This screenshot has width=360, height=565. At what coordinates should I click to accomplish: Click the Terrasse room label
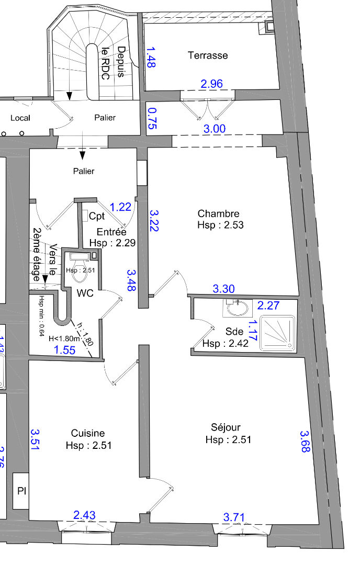pos(208,55)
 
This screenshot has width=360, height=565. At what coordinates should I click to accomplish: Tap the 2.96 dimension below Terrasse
pos(211,84)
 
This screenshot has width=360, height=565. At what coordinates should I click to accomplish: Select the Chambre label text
pos(218,213)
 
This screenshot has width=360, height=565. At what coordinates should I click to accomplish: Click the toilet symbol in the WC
pos(80,267)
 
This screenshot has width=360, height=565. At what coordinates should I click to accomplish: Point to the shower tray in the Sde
pos(277,333)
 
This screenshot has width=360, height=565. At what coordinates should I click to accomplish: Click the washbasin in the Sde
pos(235,308)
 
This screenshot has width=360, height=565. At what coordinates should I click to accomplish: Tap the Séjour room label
pos(226,427)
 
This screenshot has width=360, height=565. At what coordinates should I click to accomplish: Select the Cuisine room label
pos(88,433)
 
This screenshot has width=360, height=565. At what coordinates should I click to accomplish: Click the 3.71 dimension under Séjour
pos(234,517)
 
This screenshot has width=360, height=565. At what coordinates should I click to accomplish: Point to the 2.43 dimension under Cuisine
pos(84,515)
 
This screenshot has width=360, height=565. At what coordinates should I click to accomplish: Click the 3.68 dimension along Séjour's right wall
pos(305,442)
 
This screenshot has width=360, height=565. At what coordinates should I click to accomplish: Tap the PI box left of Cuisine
pos(21,491)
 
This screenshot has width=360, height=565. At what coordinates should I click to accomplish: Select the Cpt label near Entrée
pos(97,216)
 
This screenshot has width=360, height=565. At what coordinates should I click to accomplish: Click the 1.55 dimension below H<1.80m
pos(65,350)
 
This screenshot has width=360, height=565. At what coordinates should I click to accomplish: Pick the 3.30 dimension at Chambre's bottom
pos(223,289)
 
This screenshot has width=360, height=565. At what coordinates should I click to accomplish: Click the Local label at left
pos(20,118)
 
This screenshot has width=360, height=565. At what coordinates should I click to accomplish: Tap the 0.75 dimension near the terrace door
pos(152,119)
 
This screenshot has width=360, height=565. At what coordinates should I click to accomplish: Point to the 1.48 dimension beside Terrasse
pos(151,58)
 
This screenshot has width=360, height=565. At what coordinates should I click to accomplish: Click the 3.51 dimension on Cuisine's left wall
pos(35,439)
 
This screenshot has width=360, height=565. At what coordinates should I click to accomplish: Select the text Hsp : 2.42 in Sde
pos(225,343)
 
